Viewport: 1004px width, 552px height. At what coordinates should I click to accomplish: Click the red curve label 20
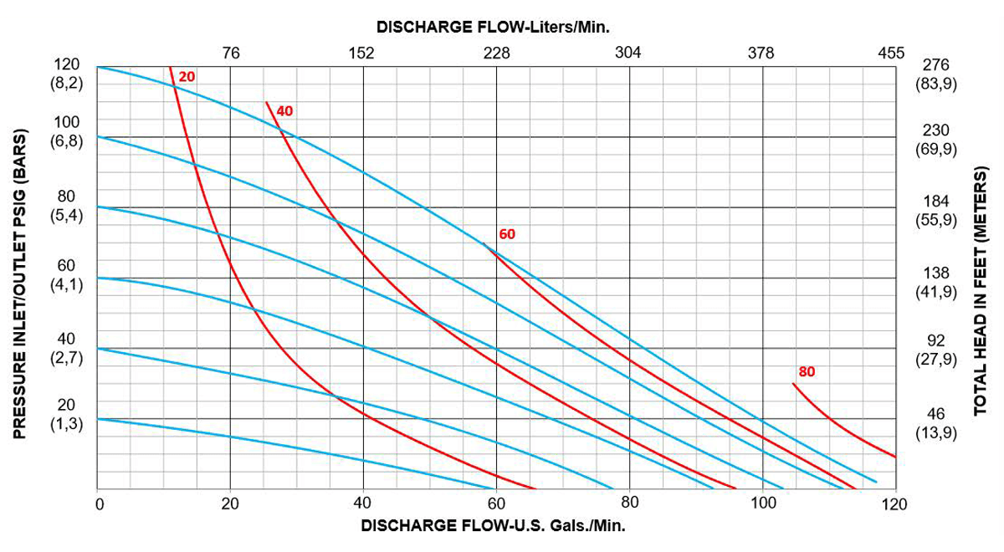coord(187,77)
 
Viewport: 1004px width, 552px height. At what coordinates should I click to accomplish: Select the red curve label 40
coord(285,110)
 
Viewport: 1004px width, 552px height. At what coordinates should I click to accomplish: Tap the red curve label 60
coord(507,234)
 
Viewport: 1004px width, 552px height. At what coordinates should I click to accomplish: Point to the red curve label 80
coord(807,371)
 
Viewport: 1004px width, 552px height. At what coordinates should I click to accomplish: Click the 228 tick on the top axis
coord(496,53)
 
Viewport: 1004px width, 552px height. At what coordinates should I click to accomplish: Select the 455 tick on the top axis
coord(891,53)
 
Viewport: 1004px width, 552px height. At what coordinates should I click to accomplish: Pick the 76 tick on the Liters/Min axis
coord(231,53)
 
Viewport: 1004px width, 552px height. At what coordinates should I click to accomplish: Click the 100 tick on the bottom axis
coord(763,503)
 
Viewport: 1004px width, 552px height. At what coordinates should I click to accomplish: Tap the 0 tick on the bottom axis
coord(99,503)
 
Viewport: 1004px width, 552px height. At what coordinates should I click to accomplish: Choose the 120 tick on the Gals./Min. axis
coord(894,503)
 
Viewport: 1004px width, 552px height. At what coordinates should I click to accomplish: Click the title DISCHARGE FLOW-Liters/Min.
coord(493,26)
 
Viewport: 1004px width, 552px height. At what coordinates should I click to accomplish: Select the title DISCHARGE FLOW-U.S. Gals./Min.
coord(493,527)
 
